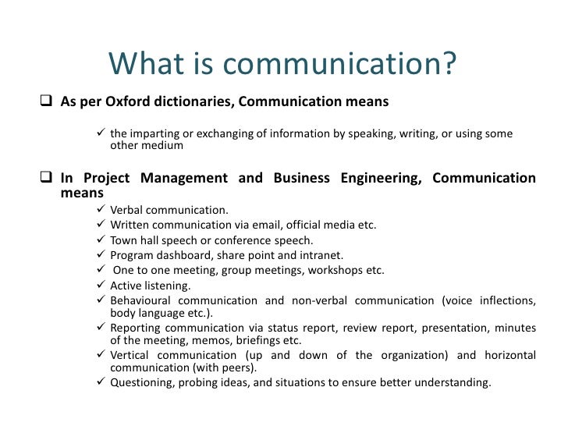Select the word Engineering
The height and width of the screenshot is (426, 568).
pyautogui.click(x=378, y=179)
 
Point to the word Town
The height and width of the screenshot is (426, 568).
pyautogui.click(x=124, y=240)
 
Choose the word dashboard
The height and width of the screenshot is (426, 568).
pyautogui.click(x=182, y=255)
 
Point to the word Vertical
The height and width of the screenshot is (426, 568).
pyautogui.click(x=130, y=356)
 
